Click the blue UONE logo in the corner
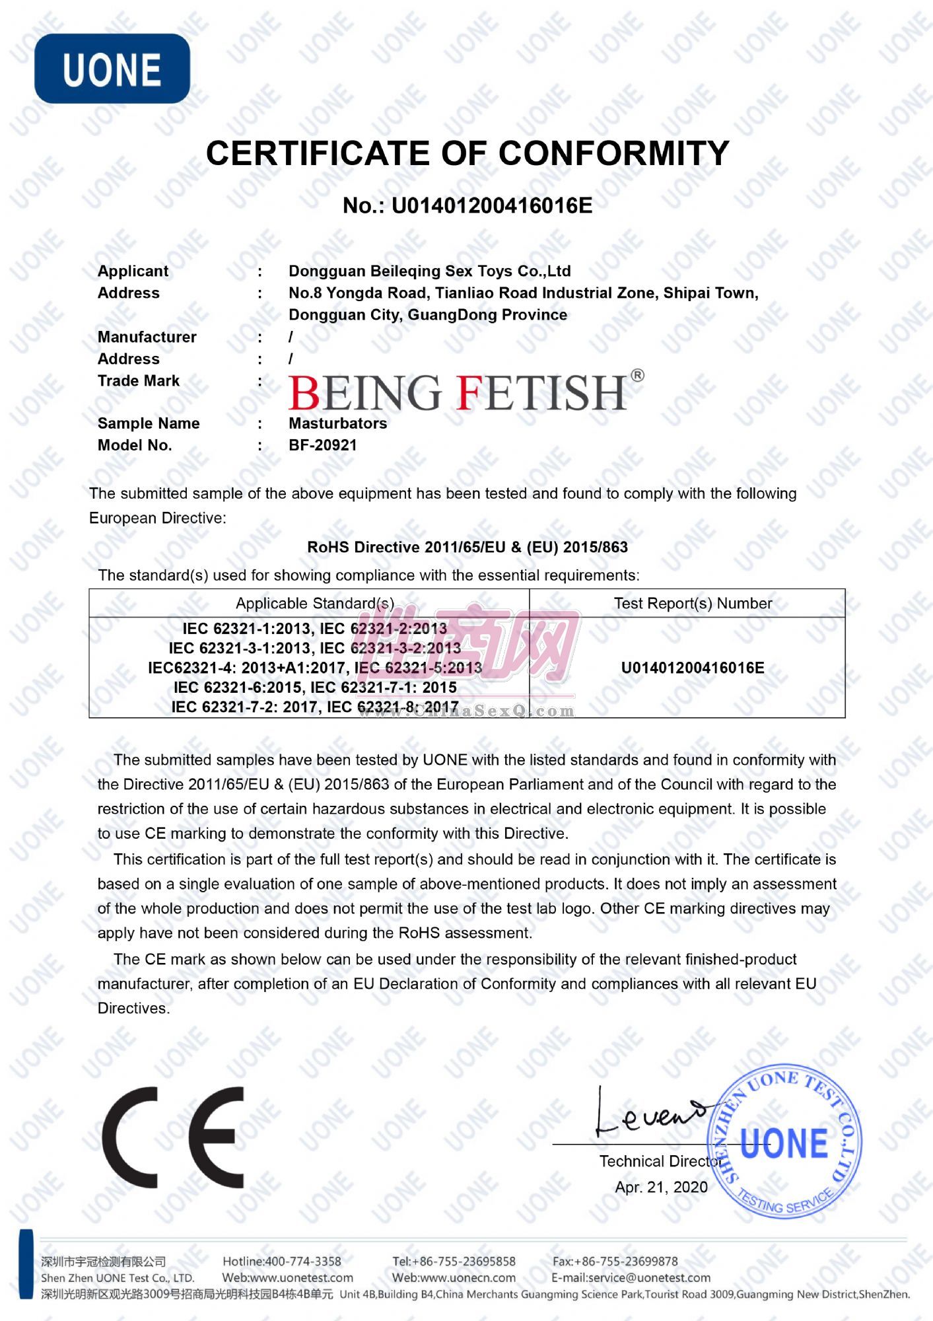tap(112, 69)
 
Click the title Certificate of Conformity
tap(467, 153)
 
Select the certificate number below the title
tap(467, 206)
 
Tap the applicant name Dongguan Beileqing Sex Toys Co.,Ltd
tap(429, 271)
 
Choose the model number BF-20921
tap(322, 445)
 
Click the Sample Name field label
tap(148, 423)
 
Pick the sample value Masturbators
tap(337, 423)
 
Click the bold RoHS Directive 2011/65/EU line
tap(467, 547)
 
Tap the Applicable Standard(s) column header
tap(314, 603)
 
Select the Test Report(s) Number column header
tap(693, 603)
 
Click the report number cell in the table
tap(693, 668)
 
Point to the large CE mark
tap(173, 1137)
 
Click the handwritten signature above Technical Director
tap(647, 1115)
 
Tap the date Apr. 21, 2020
tap(661, 1187)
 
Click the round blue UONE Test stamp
tap(784, 1143)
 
